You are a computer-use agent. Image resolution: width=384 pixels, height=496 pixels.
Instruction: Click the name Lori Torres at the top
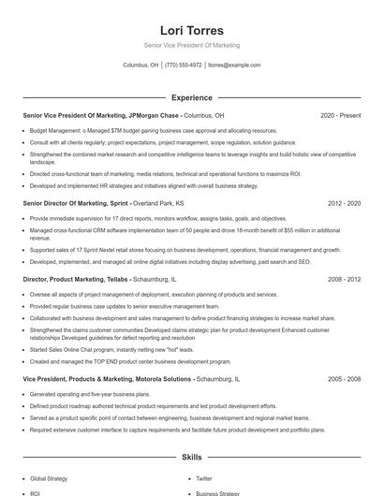pos(191,30)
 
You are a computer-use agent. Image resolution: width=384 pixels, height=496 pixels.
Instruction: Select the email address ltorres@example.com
pos(234,66)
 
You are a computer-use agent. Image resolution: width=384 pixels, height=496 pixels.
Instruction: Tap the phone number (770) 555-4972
pos(183,66)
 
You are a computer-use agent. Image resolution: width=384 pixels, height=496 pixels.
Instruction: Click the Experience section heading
pos(191,97)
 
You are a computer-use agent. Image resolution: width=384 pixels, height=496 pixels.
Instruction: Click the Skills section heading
pos(191,458)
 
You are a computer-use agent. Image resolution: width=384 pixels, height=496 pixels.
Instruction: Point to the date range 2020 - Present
pos(340,115)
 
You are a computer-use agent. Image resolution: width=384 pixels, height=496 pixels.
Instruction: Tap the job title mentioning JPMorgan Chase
pos(101,115)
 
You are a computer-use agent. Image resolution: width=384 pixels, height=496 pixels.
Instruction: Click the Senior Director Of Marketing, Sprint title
pos(76,202)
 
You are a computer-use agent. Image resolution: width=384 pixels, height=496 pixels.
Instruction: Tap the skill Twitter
pos(204,478)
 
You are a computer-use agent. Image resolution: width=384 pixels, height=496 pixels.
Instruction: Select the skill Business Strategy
pos(218,493)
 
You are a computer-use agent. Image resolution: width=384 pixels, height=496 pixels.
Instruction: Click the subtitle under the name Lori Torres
pos(191,45)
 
